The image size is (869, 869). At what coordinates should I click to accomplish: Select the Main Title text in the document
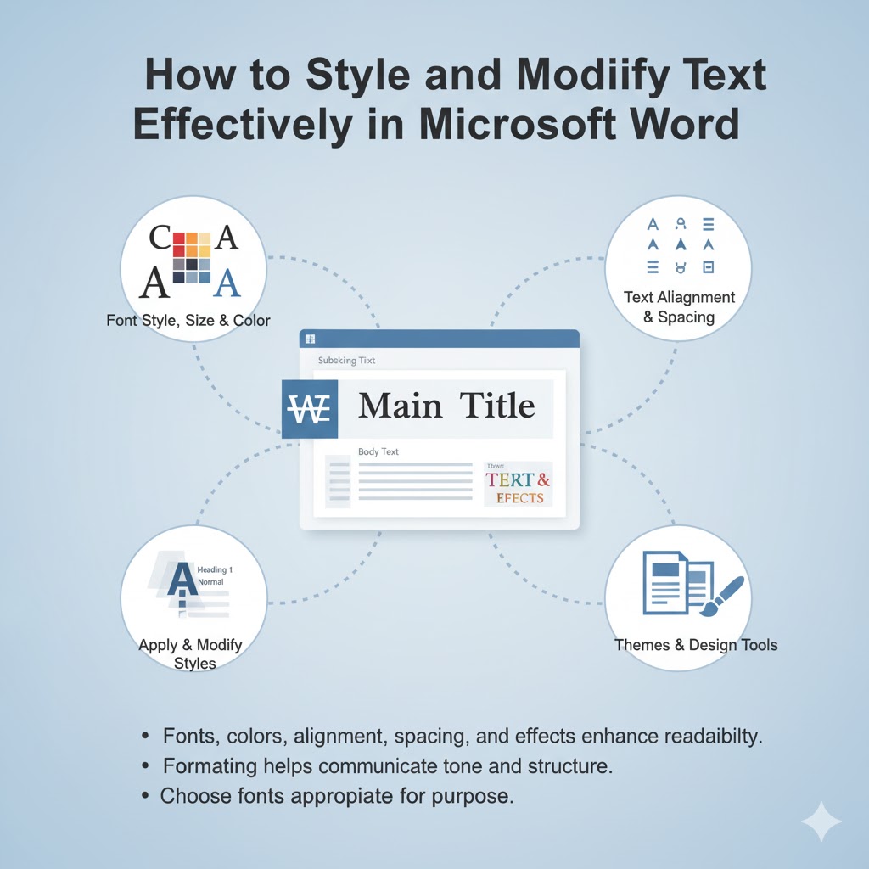pyautogui.click(x=446, y=406)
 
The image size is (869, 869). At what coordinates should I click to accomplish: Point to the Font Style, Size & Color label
pyautogui.click(x=188, y=321)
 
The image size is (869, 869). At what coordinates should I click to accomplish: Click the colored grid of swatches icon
pyautogui.click(x=192, y=256)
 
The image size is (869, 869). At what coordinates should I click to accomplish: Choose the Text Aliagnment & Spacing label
pyautogui.click(x=679, y=307)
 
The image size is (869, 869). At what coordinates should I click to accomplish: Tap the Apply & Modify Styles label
pyautogui.click(x=190, y=654)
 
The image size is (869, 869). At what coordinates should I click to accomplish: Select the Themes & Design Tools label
pyautogui.click(x=696, y=645)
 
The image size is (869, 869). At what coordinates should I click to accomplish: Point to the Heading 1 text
pyautogui.click(x=214, y=569)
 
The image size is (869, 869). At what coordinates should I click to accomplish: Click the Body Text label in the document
pyautogui.click(x=378, y=451)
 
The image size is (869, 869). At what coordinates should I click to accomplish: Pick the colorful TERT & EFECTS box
pyautogui.click(x=518, y=485)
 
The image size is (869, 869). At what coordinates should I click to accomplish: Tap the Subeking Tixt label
pyautogui.click(x=346, y=361)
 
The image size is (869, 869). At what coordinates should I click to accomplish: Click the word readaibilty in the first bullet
pyautogui.click(x=709, y=736)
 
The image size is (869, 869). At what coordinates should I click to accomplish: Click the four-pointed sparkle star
pyautogui.click(x=821, y=821)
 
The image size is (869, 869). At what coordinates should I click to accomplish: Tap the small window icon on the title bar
pyautogui.click(x=310, y=339)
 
